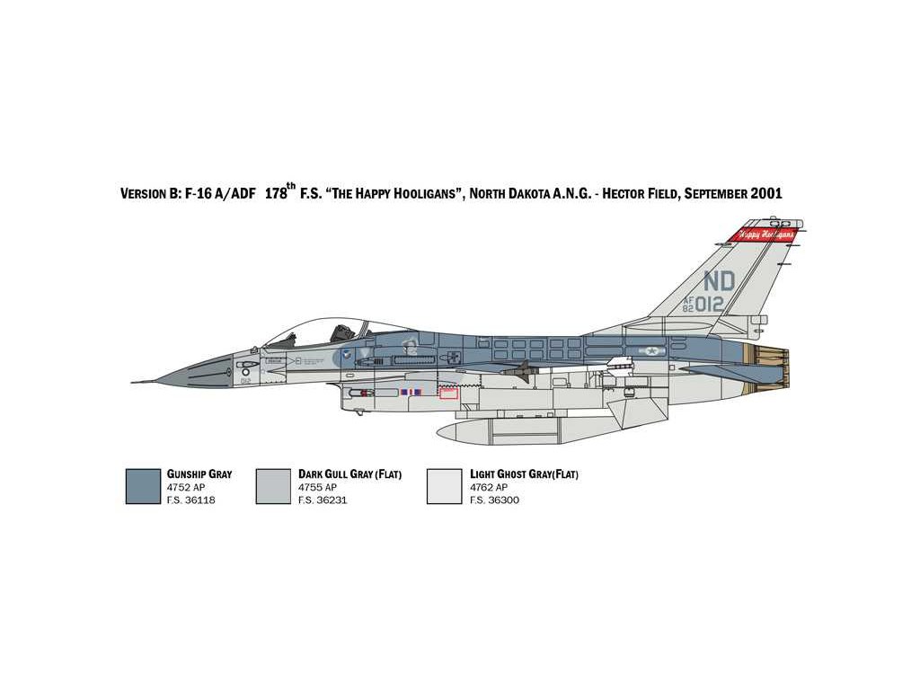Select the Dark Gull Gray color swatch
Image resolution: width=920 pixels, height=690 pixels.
273,486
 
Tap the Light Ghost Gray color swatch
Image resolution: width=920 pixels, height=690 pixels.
444,486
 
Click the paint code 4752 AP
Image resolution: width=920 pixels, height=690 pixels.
187,487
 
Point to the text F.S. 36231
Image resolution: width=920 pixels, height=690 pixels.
323,500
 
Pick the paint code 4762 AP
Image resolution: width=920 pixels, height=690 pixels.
489,487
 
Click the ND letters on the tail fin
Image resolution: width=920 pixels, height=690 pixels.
720,280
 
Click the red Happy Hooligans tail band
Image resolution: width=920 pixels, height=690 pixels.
765,234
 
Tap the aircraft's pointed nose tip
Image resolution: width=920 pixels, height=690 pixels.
135,381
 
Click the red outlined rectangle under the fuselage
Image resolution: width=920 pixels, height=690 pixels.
448,392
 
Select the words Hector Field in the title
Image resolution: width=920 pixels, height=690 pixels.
644,193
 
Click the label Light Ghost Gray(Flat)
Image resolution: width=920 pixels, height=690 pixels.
524,473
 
